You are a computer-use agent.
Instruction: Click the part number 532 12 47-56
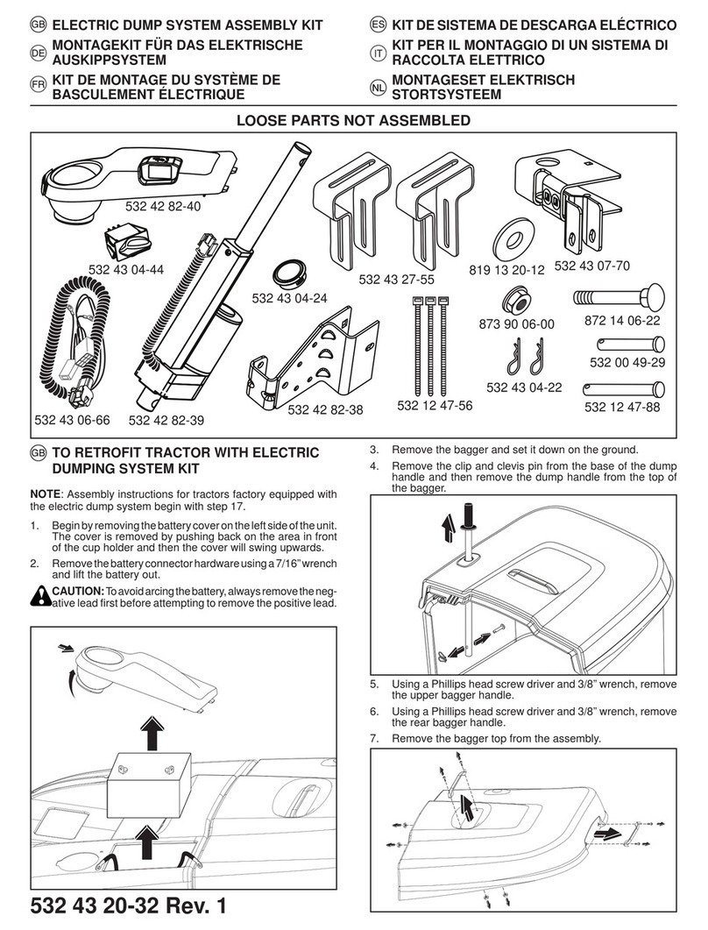435,404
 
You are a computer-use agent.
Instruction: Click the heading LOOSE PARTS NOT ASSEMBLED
354,120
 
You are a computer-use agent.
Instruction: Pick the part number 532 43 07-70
591,266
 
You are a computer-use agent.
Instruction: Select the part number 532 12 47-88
622,408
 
